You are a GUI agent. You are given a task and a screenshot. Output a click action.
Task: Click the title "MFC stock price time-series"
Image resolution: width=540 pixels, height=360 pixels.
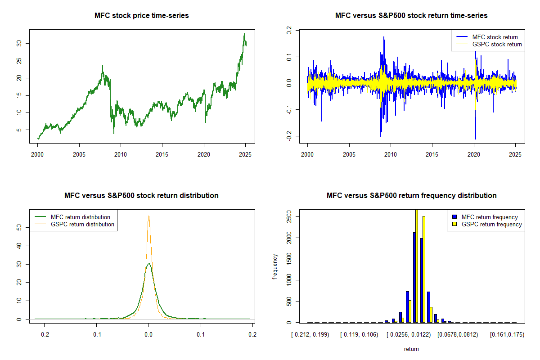[141, 15]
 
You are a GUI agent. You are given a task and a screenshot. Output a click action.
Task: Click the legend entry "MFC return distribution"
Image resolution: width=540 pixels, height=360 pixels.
[81, 217]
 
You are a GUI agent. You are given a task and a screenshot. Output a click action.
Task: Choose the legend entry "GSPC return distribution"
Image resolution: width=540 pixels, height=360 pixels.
[82, 224]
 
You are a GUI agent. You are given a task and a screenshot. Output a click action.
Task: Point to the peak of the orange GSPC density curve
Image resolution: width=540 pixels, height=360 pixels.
[148, 216]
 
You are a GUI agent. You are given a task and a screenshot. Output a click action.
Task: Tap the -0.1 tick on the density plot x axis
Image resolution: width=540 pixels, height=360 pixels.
[96, 334]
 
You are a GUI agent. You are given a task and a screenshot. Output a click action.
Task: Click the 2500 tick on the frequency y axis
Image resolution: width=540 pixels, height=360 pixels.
[288, 217]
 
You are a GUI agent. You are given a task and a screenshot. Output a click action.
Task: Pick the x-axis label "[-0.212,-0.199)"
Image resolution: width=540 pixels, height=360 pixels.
[310, 334]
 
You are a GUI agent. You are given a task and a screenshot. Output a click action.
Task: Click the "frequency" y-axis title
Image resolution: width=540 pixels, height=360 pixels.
[275, 266]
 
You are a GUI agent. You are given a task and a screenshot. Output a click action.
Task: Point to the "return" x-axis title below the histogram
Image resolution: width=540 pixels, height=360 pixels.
[411, 349]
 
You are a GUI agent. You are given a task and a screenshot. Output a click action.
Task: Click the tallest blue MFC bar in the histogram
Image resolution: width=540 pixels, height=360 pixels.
[414, 277]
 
